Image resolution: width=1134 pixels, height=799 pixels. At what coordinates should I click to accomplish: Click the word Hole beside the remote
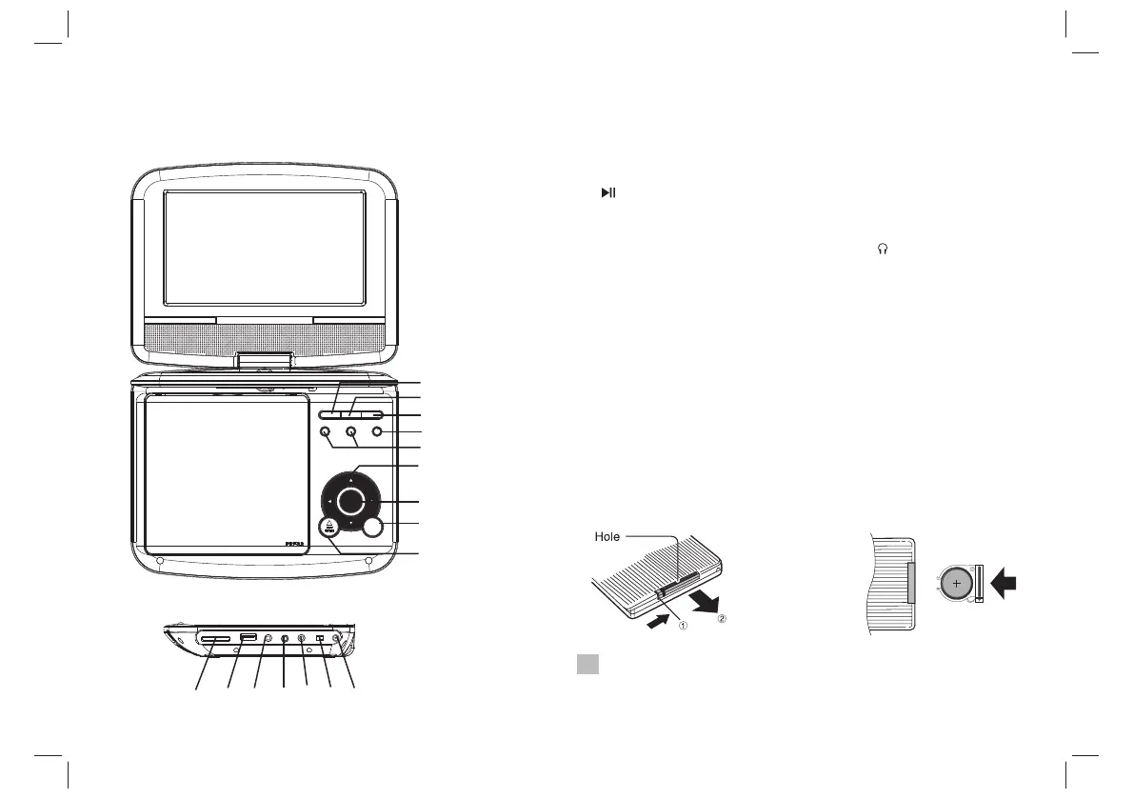(x=607, y=537)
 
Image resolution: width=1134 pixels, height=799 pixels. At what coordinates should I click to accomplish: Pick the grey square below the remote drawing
(x=587, y=665)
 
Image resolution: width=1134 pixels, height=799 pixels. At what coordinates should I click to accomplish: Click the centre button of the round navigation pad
(x=351, y=501)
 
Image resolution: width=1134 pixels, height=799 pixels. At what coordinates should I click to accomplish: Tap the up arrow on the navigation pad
(x=351, y=477)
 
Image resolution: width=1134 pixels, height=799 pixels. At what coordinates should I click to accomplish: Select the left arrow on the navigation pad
(x=328, y=501)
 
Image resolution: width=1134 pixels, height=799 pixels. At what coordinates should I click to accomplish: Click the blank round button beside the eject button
(x=372, y=529)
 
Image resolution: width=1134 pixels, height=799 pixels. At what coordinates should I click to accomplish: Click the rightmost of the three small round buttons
(x=378, y=432)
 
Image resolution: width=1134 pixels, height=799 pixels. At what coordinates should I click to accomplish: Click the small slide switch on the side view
(x=321, y=639)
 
